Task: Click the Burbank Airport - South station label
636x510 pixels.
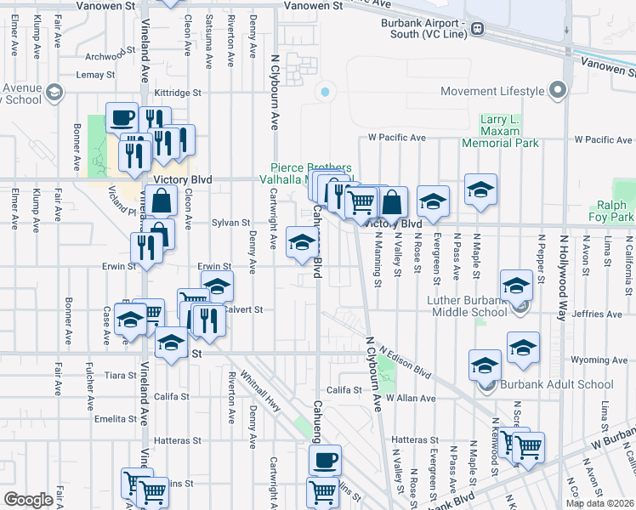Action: (422, 28)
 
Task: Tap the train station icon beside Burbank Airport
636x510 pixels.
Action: (478, 28)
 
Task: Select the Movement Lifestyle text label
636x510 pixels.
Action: (492, 91)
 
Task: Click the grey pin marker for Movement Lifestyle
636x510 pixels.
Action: (558, 90)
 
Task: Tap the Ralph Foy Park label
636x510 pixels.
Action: (611, 212)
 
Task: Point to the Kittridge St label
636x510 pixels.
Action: (178, 92)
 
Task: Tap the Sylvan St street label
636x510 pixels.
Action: (229, 222)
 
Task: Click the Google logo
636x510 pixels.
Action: (28, 500)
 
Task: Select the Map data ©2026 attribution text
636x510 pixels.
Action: (600, 503)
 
